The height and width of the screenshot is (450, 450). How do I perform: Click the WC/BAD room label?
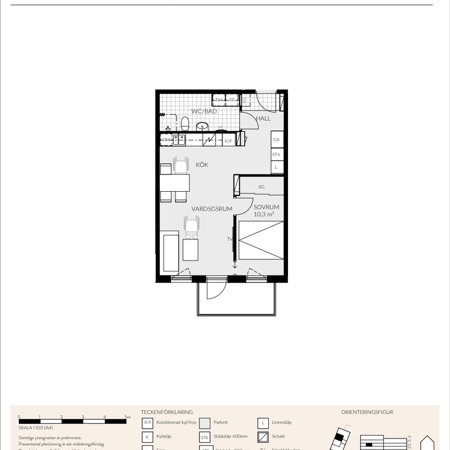pos(204,111)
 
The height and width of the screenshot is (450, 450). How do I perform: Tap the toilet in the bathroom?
pos(184,124)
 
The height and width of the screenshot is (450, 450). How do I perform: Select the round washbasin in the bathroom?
pos(202,127)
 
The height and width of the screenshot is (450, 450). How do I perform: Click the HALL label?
pos(263,118)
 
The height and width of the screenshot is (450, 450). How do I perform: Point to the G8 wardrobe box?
pos(277,140)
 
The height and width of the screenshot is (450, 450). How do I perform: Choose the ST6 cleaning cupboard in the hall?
pos(277,155)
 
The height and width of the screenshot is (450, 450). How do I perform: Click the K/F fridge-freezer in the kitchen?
pos(228,141)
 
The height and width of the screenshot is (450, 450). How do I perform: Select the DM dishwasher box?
pos(167,140)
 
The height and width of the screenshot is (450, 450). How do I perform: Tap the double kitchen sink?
pos(180,139)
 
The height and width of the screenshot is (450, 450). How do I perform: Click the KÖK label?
pos(202,165)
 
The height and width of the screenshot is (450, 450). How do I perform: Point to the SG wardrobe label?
pos(261,186)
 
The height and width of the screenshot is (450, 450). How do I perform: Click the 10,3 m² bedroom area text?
pos(264,214)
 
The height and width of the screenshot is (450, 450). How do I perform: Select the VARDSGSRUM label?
pos(211,209)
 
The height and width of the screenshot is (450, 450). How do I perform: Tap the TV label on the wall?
pos(229,239)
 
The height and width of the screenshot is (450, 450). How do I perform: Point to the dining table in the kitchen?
pos(174,183)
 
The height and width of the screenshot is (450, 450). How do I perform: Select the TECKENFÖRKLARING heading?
pos(167,411)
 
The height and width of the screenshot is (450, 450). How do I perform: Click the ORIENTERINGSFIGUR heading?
pos(367,411)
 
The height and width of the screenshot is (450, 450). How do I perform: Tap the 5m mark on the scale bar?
pos(128,417)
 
